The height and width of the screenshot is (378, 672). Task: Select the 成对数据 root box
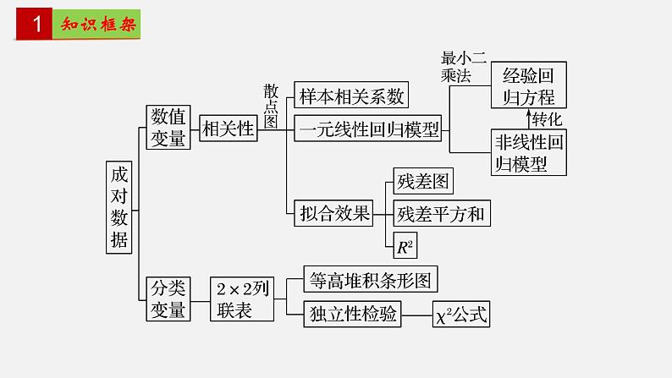(x=120, y=205)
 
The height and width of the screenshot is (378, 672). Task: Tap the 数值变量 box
(x=168, y=128)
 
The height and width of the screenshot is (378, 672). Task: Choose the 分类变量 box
(x=168, y=299)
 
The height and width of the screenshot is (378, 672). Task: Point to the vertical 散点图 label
(x=271, y=105)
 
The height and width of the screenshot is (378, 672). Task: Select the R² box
(x=404, y=246)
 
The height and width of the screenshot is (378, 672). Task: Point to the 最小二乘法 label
(x=463, y=66)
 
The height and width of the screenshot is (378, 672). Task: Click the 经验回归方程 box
(x=529, y=85)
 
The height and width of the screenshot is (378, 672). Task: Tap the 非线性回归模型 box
(x=529, y=151)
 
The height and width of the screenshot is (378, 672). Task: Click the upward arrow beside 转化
(x=529, y=118)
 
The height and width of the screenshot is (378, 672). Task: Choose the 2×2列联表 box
(x=242, y=299)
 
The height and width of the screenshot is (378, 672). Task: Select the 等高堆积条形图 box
(x=370, y=280)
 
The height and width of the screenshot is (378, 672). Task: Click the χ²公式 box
(x=461, y=314)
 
